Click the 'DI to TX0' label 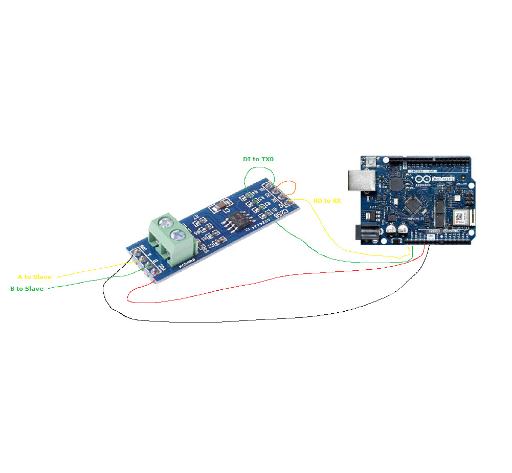click(258, 160)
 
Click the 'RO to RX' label click(327, 201)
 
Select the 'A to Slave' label click(34, 277)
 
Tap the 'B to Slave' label click(27, 289)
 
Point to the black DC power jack click(368, 233)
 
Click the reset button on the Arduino click(370, 162)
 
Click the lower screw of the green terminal click(179, 235)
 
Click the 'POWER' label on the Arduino click(434, 231)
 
